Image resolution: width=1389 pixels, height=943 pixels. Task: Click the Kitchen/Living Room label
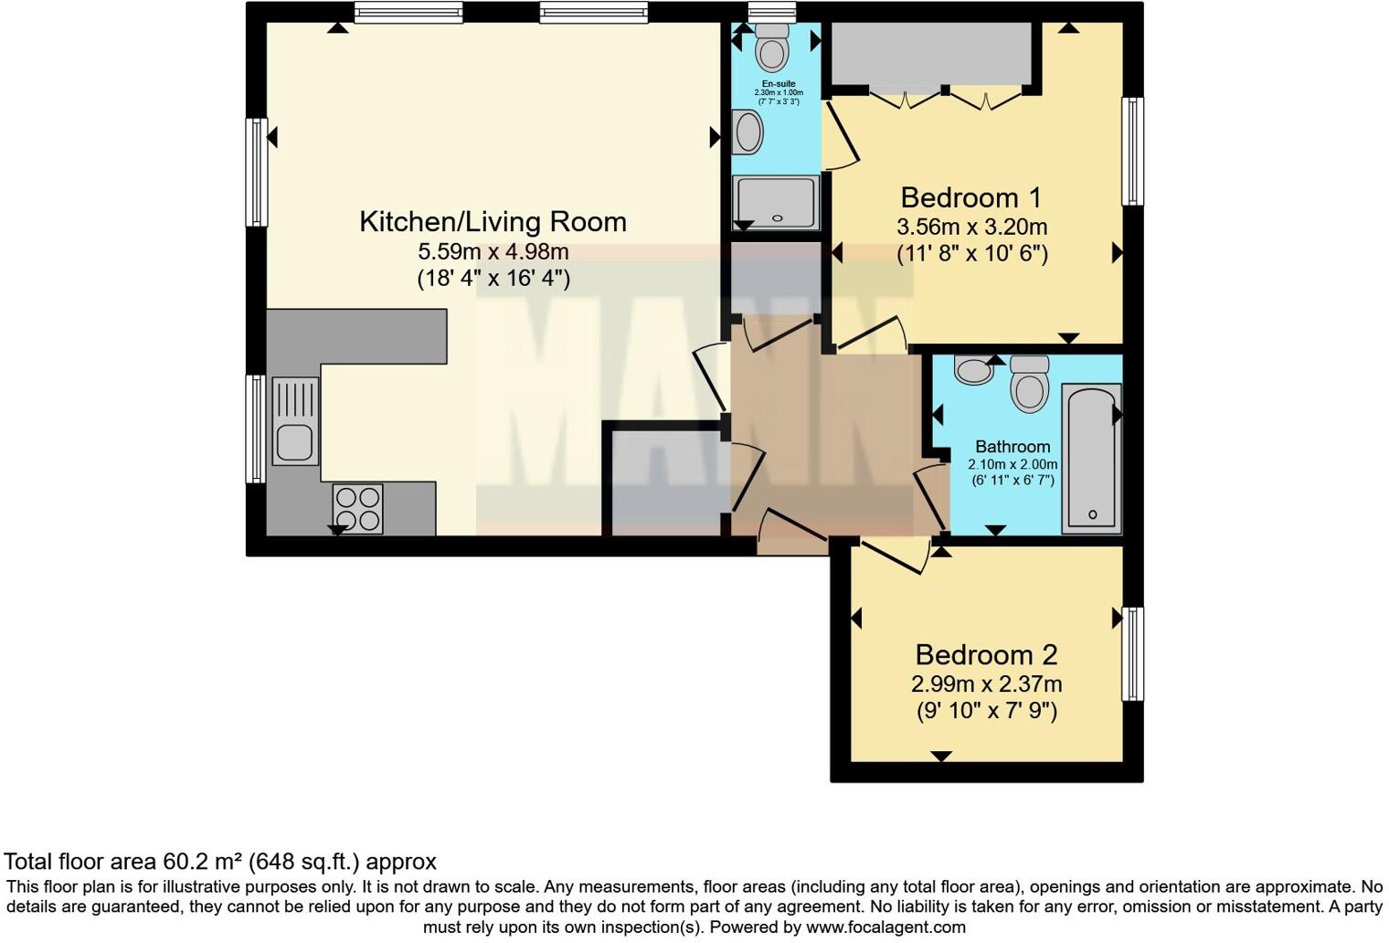point(493,222)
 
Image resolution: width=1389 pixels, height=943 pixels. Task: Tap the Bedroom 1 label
point(970,197)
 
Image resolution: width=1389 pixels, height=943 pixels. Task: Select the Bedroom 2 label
point(986,654)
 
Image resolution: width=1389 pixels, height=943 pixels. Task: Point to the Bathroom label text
point(1013,447)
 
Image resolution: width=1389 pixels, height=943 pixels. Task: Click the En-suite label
point(778,84)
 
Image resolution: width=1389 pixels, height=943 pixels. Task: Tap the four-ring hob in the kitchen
point(357,509)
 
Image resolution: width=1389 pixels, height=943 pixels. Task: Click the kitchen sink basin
point(295,441)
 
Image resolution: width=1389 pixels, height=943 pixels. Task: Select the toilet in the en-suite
point(773,48)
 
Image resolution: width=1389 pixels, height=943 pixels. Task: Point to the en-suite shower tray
point(777,202)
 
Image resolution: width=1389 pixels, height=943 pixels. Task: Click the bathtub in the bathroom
point(1092,459)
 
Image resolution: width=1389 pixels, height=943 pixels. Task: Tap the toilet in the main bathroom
point(1030,384)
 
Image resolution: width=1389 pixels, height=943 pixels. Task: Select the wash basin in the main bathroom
point(974,369)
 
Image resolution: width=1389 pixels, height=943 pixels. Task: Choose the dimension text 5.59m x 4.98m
point(493,251)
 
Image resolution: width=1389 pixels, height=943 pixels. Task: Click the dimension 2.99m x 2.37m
point(986,683)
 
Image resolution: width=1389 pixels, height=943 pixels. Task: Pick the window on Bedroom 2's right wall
point(1132,653)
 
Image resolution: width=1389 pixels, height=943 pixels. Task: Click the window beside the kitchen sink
point(256,428)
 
